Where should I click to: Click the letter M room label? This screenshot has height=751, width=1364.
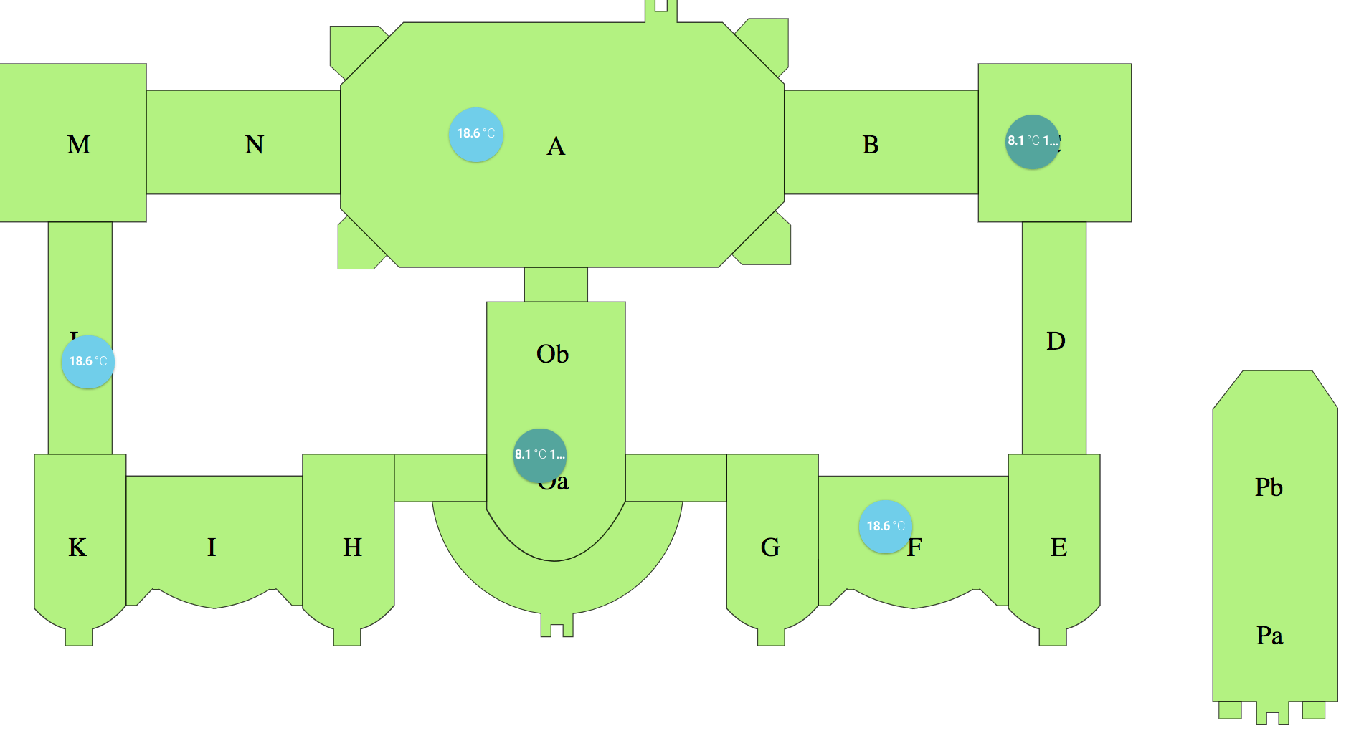tap(79, 145)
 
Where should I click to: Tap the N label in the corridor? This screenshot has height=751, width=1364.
tap(254, 145)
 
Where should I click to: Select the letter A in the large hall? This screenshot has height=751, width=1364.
tap(556, 147)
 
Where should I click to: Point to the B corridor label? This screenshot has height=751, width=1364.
tap(870, 145)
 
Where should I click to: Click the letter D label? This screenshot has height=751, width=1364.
tap(1055, 341)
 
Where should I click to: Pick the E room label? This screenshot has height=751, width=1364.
tap(1058, 547)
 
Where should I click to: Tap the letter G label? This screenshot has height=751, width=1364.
tap(770, 547)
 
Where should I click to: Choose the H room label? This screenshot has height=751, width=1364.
tap(352, 547)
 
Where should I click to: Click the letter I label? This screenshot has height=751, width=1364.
tap(212, 547)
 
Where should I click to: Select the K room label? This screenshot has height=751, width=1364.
tap(77, 547)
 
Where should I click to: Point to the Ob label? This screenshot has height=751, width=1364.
tap(552, 354)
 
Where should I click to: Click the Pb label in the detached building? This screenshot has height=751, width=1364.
tap(1269, 487)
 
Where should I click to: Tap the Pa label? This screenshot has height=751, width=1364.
tap(1269, 636)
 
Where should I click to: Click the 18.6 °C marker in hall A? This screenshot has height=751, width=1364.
tap(476, 134)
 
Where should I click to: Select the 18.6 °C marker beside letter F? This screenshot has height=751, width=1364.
tap(886, 527)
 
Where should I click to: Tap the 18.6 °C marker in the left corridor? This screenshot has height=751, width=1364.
tap(88, 362)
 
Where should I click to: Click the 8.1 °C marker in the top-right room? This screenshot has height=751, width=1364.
tap(1033, 141)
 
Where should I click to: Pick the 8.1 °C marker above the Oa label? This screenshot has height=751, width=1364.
tap(540, 455)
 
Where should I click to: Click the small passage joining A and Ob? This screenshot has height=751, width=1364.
tap(556, 284)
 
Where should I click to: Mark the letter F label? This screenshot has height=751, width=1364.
tap(916, 548)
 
